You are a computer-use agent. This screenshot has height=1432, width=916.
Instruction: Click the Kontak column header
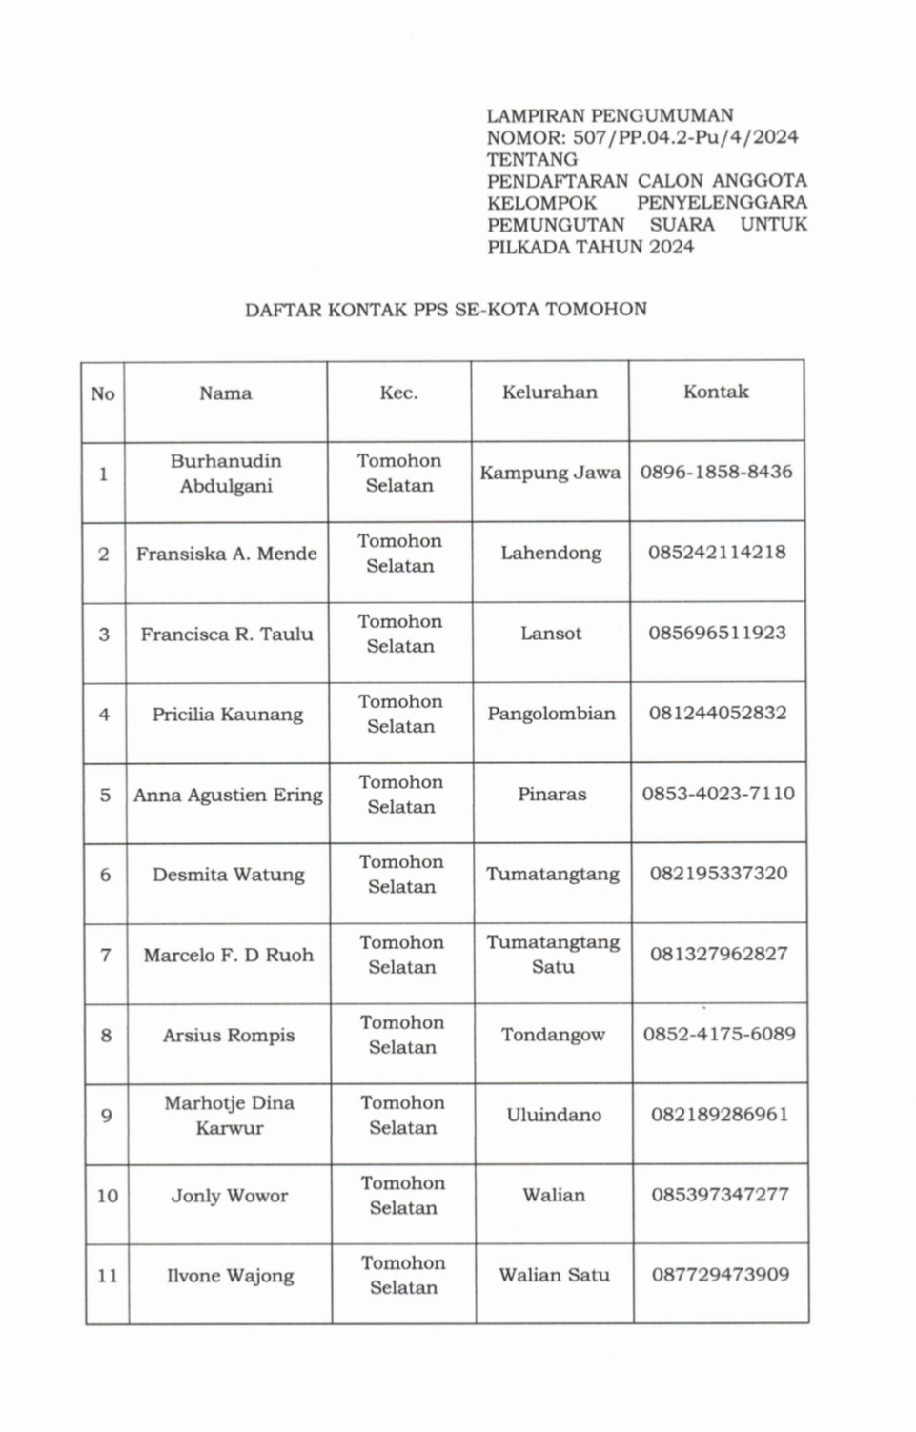click(716, 392)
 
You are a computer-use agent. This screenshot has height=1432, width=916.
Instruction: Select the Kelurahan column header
click(550, 392)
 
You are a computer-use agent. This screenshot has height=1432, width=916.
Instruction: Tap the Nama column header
click(226, 393)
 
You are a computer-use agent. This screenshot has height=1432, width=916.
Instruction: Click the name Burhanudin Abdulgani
click(226, 474)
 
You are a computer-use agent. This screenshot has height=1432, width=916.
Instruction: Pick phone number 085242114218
click(717, 553)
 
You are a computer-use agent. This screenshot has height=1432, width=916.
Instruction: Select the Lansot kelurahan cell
click(551, 634)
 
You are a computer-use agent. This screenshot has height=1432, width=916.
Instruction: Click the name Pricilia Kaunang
click(228, 715)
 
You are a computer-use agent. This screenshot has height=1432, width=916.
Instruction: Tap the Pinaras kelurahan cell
click(552, 794)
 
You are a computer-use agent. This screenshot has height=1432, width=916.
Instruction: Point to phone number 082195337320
click(719, 874)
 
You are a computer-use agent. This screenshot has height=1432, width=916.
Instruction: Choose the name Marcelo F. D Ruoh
click(229, 955)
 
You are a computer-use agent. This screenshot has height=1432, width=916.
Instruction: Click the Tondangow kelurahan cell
click(553, 1035)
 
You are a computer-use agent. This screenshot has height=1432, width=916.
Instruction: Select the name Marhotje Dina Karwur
click(230, 1116)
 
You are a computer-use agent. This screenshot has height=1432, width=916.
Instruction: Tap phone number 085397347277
click(720, 1195)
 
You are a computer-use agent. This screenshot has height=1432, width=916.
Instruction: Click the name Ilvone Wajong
click(230, 1276)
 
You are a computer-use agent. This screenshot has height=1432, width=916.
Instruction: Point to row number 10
click(107, 1196)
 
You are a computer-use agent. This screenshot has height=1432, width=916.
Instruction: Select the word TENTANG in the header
click(532, 159)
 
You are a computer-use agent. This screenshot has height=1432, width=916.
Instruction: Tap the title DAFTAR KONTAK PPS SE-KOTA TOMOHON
click(446, 309)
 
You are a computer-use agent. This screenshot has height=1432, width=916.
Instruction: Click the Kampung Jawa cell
click(550, 473)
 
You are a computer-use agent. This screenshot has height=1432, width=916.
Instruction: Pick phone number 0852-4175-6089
click(719, 1034)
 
